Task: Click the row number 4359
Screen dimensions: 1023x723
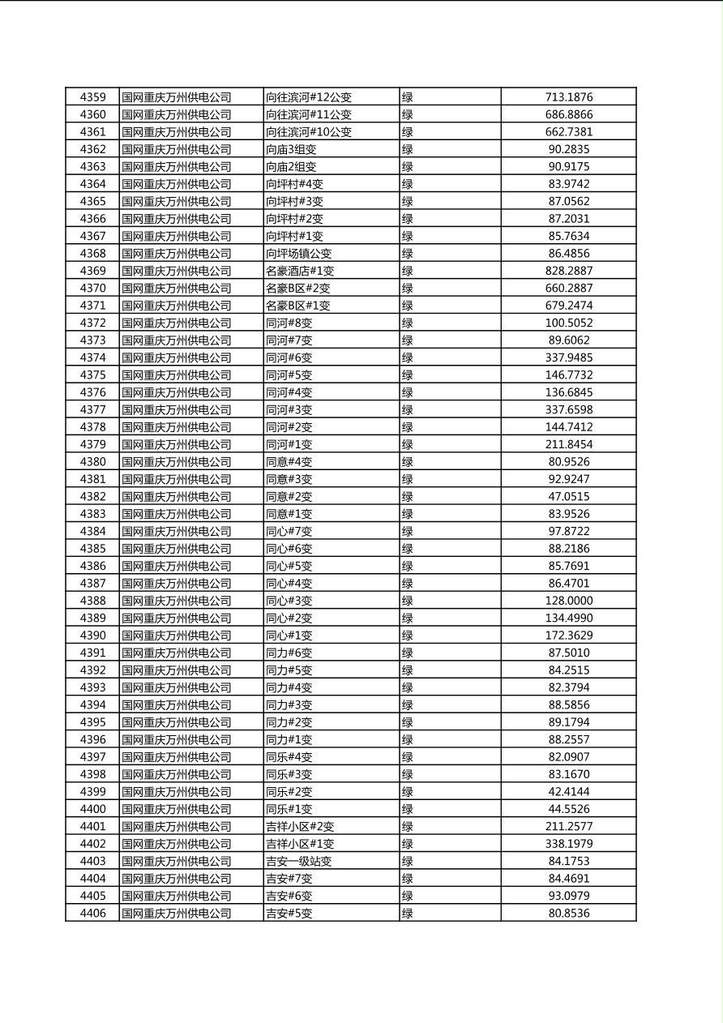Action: pos(92,97)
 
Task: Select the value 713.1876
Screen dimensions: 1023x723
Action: pos(568,97)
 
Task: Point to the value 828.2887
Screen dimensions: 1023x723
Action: pos(568,271)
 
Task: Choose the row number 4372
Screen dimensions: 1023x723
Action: pos(92,323)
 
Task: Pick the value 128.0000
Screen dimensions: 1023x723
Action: pos(568,601)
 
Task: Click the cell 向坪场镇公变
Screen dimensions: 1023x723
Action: pos(298,254)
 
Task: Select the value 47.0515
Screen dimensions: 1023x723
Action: pos(568,497)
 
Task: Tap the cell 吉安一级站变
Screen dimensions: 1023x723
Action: pos(298,862)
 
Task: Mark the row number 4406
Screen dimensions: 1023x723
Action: pos(92,914)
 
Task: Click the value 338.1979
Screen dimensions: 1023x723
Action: pos(568,844)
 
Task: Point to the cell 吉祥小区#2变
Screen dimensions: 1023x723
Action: pos(300,827)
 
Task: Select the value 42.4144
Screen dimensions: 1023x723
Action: pos(568,792)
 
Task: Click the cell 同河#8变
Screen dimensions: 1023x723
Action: pos(289,323)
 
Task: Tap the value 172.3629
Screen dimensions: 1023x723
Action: pos(568,636)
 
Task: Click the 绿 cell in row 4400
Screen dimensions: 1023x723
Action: pos(408,809)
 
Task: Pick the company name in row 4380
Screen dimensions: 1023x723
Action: pos(177,462)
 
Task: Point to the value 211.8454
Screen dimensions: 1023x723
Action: pos(568,444)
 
